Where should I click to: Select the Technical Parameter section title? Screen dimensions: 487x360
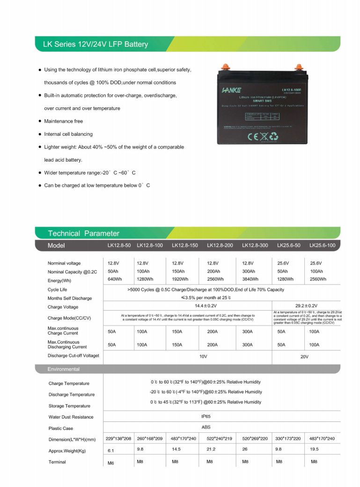(83, 233)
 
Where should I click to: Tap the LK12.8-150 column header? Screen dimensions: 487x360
(185, 245)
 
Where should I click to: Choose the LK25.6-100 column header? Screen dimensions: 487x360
(323, 245)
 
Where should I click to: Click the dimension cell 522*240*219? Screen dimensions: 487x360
(220, 439)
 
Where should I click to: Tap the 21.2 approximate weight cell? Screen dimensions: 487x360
(211, 450)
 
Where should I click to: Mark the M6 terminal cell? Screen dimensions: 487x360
(111, 463)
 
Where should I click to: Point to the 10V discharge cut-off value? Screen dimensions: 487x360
(203, 356)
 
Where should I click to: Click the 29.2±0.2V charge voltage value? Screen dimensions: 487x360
(306, 305)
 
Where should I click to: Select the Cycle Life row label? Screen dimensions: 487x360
(57, 290)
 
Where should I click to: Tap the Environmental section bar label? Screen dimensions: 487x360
(64, 369)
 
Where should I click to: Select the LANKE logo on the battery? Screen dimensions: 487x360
(231, 89)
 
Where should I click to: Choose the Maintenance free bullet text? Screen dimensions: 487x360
(63, 121)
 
